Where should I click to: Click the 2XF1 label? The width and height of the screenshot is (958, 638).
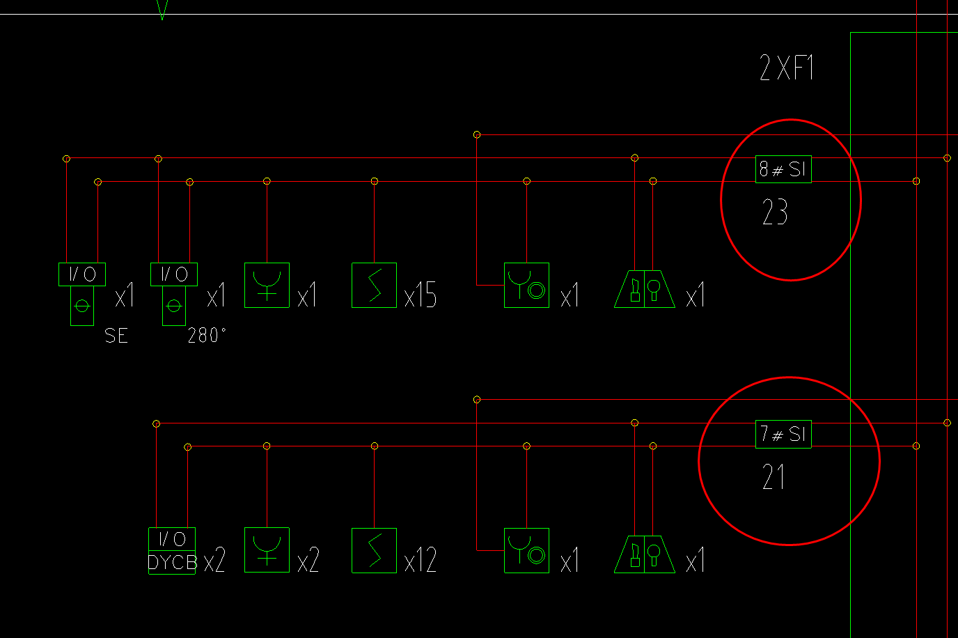tap(787, 68)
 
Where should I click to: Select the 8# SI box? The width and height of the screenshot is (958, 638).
tap(783, 169)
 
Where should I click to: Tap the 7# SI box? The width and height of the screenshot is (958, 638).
tap(783, 435)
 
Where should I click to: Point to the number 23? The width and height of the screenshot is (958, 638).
tap(775, 212)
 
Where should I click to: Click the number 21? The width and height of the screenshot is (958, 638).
tap(774, 478)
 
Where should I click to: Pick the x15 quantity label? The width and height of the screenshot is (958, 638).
tap(421, 296)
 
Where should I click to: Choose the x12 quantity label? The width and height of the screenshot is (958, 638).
tap(421, 561)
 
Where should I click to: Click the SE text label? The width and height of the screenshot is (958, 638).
tap(116, 336)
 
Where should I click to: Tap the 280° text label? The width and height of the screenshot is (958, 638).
tap(207, 336)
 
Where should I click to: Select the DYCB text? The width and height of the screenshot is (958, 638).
tap(172, 562)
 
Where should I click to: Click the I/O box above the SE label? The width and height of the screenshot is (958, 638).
tap(82, 274)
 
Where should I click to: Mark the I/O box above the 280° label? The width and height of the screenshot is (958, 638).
tap(174, 274)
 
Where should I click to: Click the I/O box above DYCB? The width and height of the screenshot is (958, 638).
tap(172, 539)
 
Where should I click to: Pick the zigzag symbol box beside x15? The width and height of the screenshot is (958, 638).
tap(375, 285)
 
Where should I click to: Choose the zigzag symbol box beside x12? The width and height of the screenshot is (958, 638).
tap(375, 550)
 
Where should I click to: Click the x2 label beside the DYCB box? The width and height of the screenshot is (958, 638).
tap(214, 561)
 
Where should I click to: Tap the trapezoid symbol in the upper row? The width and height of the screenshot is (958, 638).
tap(645, 289)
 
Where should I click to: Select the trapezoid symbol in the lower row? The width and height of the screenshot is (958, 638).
tap(645, 554)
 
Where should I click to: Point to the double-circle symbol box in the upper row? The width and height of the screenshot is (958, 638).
tap(526, 285)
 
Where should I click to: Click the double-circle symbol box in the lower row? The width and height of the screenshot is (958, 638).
tap(526, 550)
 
